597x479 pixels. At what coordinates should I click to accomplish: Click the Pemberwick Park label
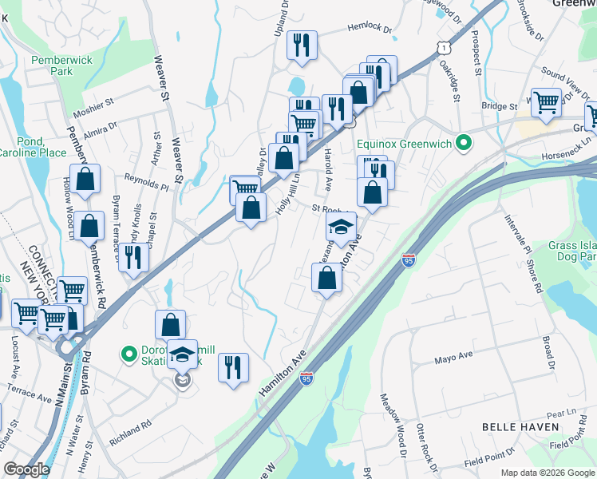pyautogui.click(x=52, y=65)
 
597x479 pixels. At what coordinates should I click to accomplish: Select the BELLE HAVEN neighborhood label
pyautogui.click(x=520, y=427)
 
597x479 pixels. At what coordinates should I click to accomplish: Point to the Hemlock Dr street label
pyautogui.click(x=370, y=29)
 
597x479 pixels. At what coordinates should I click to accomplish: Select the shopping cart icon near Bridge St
pyautogui.click(x=546, y=102)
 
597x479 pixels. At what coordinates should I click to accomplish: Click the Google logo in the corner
pyautogui.click(x=26, y=469)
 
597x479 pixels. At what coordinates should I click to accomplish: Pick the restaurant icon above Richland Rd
pyautogui.click(x=233, y=367)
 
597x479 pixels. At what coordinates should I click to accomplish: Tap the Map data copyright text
pyautogui.click(x=547, y=472)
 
